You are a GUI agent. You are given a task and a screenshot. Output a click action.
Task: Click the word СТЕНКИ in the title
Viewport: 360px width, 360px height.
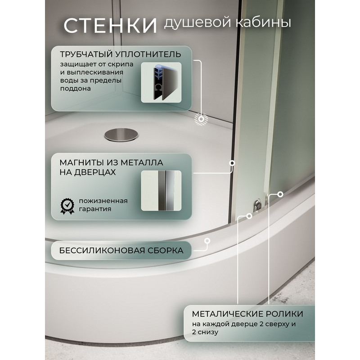click(x=110, y=25)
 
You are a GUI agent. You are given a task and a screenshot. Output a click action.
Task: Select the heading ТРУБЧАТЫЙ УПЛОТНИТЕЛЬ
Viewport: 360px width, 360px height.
click(x=121, y=54)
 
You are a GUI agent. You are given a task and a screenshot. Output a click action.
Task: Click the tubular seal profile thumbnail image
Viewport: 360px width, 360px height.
click(x=161, y=82)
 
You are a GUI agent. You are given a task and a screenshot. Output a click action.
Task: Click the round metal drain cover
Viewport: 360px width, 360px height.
click(x=121, y=135)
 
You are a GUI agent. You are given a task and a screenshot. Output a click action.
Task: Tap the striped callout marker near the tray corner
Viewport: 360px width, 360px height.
click(x=201, y=119)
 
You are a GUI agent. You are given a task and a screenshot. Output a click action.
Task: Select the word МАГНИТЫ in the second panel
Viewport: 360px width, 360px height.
click(x=81, y=162)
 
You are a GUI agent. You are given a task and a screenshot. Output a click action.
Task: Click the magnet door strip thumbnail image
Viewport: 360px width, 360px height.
click(x=161, y=190)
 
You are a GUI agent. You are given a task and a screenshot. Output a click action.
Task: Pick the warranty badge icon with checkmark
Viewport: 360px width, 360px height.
click(x=67, y=206)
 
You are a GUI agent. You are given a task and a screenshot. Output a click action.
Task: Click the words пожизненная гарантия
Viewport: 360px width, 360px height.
click(x=103, y=205)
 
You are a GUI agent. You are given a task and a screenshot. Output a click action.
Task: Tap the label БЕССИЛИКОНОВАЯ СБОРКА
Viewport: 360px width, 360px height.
click(x=121, y=250)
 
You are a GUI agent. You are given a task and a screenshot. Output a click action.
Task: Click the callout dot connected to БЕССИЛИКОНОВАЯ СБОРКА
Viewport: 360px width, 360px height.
click(x=207, y=241)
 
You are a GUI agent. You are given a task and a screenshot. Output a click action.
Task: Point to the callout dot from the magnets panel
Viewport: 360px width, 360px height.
click(x=232, y=163)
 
